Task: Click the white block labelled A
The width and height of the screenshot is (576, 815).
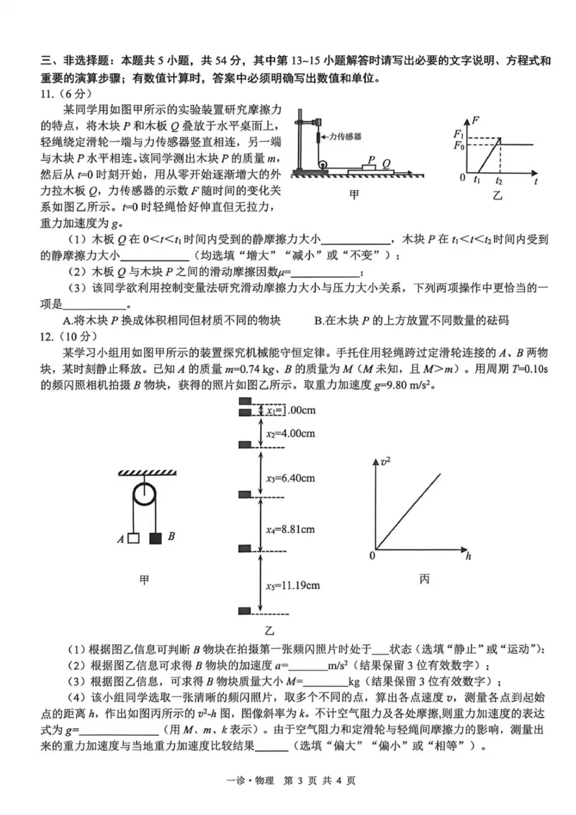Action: [x=133, y=537]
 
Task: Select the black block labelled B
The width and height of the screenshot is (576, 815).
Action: [x=155, y=537]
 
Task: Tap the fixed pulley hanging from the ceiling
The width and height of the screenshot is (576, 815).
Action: [x=144, y=497]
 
